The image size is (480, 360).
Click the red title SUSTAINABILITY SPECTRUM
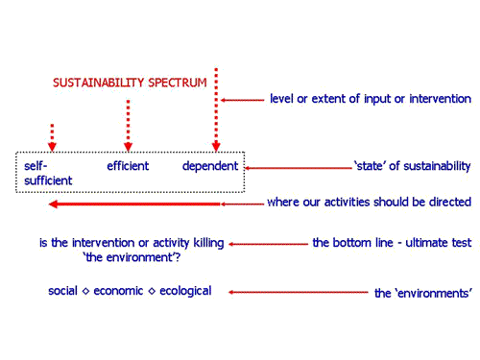129,83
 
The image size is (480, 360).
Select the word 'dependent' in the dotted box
209,166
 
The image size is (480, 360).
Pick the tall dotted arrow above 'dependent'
216,110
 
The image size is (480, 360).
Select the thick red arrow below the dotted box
134,204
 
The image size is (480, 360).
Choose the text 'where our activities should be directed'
369,203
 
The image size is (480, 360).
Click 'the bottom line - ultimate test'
392,242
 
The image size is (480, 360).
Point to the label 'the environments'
422,293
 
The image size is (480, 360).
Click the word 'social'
63,291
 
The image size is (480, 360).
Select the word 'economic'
118,291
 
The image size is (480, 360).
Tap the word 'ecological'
184,291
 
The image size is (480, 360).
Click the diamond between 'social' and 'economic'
85,292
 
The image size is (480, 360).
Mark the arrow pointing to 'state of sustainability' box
298,168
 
